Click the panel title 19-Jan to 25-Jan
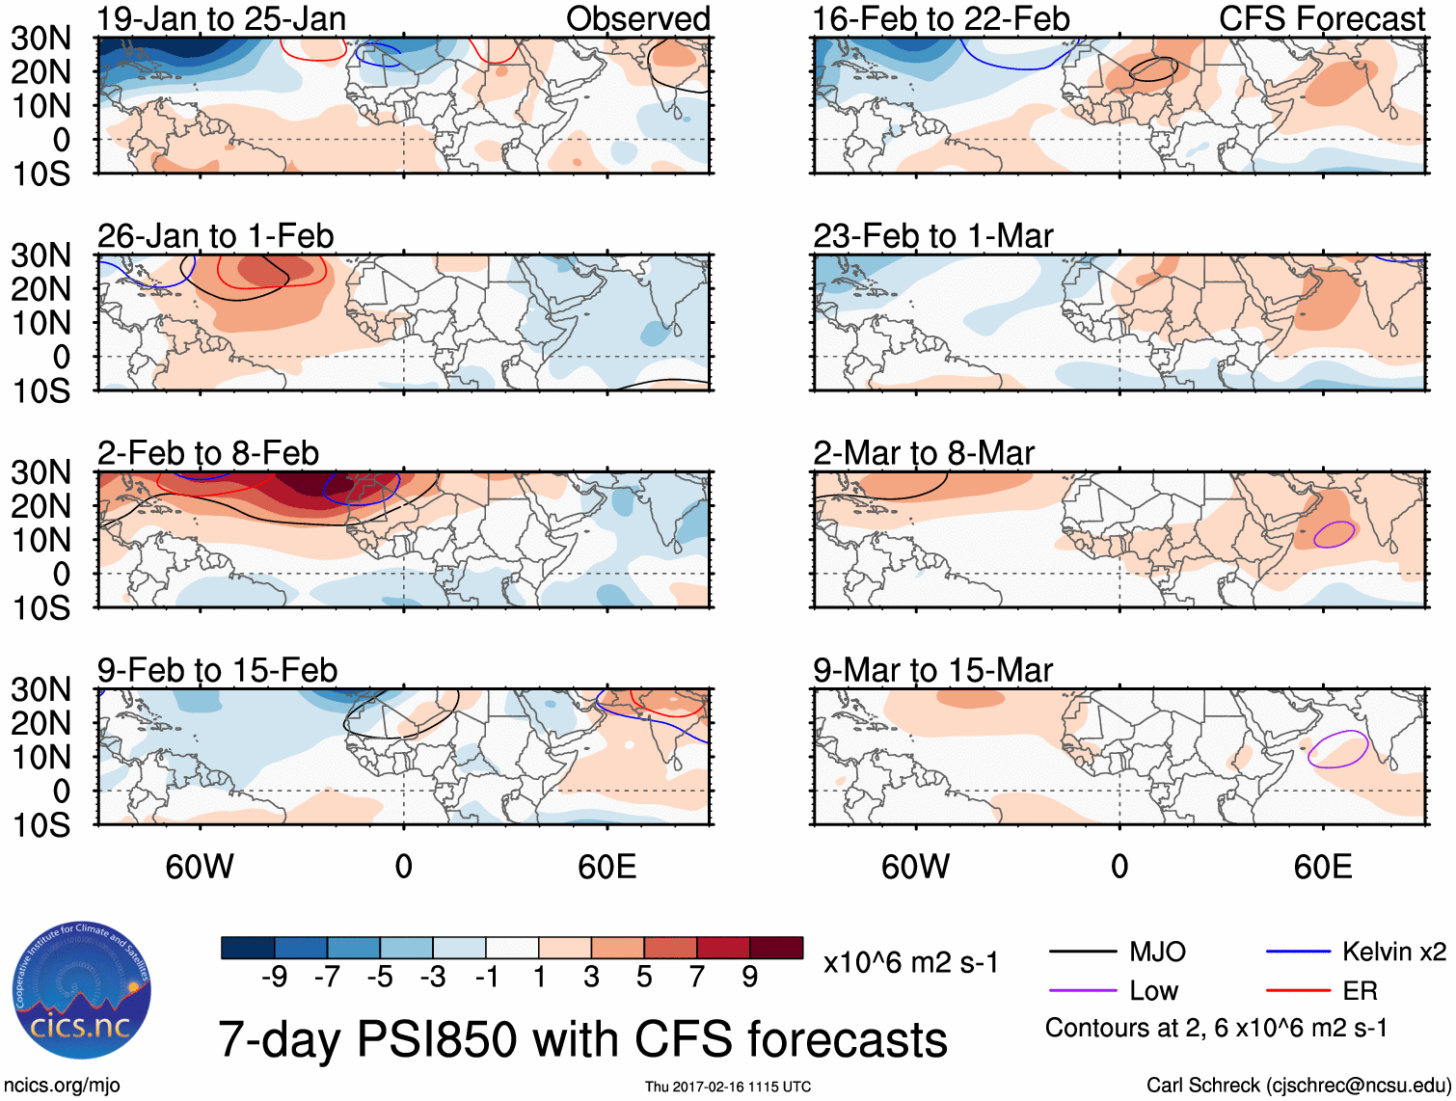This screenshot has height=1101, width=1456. point(221,18)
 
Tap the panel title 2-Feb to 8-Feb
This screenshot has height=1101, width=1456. point(207,453)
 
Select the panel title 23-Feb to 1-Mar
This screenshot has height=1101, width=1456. point(932,236)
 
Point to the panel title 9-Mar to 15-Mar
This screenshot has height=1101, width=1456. point(932,670)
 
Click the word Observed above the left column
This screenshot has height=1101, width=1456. point(637,18)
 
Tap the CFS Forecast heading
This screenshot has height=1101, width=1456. point(1321,18)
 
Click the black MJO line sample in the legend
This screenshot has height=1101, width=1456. point(1082,953)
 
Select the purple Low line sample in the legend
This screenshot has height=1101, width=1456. point(1082,990)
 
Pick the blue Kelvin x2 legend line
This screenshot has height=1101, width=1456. point(1298,953)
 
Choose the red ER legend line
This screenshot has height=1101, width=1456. point(1298,990)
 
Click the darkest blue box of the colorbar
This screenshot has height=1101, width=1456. point(248,948)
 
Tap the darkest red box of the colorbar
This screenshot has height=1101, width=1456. point(776,948)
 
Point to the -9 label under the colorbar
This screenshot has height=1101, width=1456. point(275,978)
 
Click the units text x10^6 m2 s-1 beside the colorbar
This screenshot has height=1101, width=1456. point(910,962)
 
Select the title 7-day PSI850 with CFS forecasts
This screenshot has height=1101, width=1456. point(582,1039)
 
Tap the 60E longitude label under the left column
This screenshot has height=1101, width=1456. point(607,867)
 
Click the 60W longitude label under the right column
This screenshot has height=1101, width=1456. point(915,867)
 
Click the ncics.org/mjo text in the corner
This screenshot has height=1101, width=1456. point(61,1086)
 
